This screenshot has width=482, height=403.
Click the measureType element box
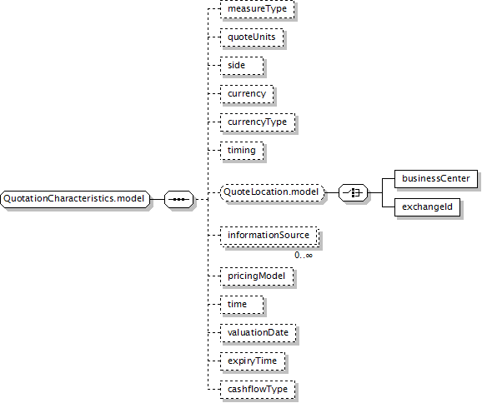coord(258,9)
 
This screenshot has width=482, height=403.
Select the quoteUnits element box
coord(252,37)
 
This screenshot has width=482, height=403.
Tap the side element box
coord(242,66)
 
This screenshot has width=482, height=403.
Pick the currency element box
coord(247,94)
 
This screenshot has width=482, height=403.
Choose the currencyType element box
coord(258,122)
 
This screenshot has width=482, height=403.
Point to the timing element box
coord(242,151)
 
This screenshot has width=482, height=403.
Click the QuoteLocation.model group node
coord(273,192)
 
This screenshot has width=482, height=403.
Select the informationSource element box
coord(269,236)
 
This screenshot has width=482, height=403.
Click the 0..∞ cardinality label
coord(304,256)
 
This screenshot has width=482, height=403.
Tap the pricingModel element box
coord(257,276)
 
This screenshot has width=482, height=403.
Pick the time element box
coord(242,305)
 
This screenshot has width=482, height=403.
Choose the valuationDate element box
coord(259,333)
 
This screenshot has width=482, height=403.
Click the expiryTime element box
coord(253,361)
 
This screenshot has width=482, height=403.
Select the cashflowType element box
coord(258,390)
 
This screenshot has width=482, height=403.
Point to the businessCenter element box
coord(436,179)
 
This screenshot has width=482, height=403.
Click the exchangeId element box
coord(427,207)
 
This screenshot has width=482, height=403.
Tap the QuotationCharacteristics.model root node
coord(75,199)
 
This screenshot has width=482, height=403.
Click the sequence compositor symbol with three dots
coord(179,199)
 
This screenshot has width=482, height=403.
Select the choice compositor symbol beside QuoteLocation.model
coord(354,192)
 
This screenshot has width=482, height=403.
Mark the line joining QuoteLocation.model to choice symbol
coord(332,192)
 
